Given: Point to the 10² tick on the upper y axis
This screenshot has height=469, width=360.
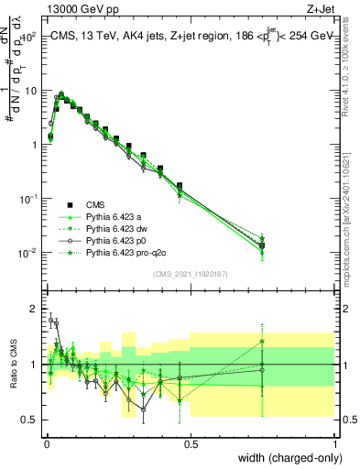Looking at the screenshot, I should coord(28,38).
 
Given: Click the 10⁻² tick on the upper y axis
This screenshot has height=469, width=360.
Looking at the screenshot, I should coord(27,253).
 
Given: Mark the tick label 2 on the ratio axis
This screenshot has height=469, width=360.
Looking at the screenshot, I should coord(32,308).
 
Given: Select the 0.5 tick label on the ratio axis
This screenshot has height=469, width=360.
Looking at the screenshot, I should coord(28,420).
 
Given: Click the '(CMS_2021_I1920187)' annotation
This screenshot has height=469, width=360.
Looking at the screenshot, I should coord(191,275).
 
